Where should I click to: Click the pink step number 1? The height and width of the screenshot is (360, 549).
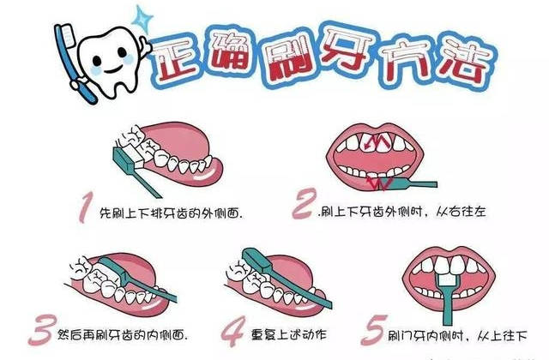click(85, 207)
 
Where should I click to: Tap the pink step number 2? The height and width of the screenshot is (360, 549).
click(304, 204)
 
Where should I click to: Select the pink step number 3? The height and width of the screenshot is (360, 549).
click(42, 329)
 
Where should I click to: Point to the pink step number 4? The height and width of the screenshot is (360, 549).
click(233, 331)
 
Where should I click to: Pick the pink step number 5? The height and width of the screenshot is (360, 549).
click(374, 329)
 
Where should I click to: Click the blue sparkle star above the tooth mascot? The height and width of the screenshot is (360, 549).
click(142, 19)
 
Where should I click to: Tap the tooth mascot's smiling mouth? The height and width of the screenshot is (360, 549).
click(112, 69)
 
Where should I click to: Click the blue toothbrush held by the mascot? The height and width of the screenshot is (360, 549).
click(75, 63)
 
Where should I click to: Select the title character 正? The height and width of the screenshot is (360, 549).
click(175, 60)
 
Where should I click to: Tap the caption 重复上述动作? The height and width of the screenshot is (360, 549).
click(289, 335)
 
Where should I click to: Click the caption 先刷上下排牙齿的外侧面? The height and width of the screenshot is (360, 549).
click(172, 213)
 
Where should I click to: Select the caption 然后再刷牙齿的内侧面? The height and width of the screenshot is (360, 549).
click(123, 335)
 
